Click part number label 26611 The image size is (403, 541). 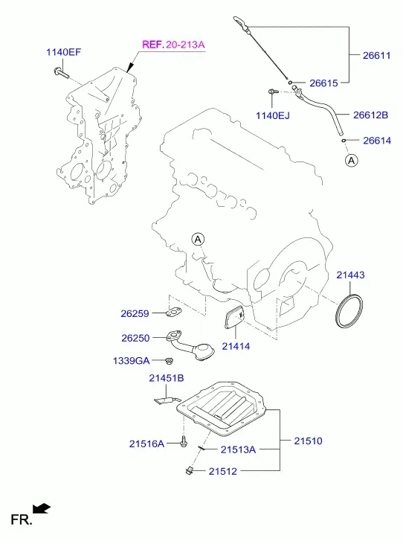tap(376, 55)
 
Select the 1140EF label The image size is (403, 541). tap(64, 52)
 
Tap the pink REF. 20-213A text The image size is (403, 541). tap(173, 45)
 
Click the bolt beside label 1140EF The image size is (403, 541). tap(62, 73)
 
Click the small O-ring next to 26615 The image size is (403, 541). tap(290, 82)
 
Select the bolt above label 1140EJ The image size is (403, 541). tap(273, 92)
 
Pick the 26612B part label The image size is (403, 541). tap(370, 115)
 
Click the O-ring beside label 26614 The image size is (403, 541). tap(344, 141)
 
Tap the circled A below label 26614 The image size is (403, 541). tap(352, 161)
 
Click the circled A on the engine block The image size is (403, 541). tap(198, 239)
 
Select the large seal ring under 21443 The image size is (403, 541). tap(349, 310)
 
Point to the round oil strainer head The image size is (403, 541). tap(204, 352)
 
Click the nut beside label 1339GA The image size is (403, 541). tap(169, 361)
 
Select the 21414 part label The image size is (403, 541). tap(236, 346)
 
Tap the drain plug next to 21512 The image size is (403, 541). tap(189, 470)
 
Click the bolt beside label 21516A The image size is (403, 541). tap(184, 441)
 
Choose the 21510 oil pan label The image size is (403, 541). tap(308, 441)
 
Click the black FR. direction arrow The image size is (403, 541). tap(42, 508)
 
